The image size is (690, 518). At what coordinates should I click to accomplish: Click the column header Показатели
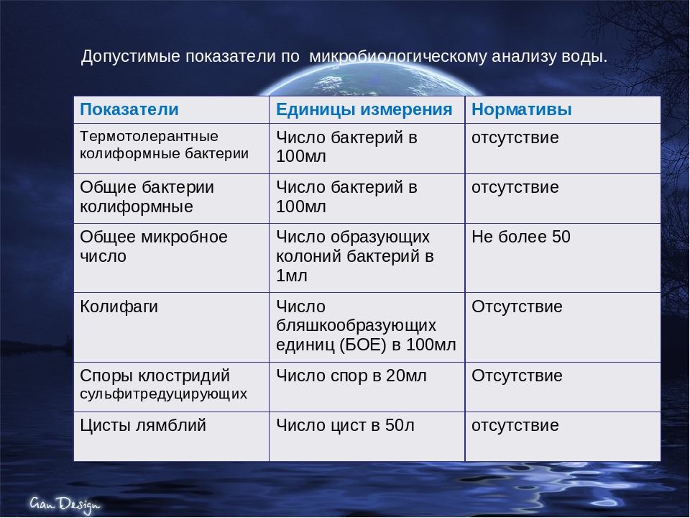point(129,110)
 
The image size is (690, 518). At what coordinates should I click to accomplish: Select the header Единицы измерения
point(364,110)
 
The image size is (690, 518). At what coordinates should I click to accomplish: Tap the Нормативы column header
point(522,110)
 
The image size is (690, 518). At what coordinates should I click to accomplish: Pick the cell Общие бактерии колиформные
point(147,197)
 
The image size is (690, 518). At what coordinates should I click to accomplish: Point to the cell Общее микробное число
point(154,246)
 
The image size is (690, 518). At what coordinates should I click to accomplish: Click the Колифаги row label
point(119,307)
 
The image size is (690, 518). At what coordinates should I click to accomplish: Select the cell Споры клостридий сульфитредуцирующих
point(164,384)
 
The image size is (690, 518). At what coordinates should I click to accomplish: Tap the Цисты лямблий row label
point(143,425)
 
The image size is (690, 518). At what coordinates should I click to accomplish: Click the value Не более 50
point(521,237)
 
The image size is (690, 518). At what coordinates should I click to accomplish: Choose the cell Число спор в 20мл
point(351,376)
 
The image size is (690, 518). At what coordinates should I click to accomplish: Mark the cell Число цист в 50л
point(346,425)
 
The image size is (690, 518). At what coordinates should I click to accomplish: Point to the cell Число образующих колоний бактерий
point(355,256)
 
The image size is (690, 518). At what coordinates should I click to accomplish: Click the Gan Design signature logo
point(65,504)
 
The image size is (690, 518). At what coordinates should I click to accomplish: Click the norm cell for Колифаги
point(517,307)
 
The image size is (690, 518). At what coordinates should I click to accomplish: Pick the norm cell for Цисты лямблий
point(515,425)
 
